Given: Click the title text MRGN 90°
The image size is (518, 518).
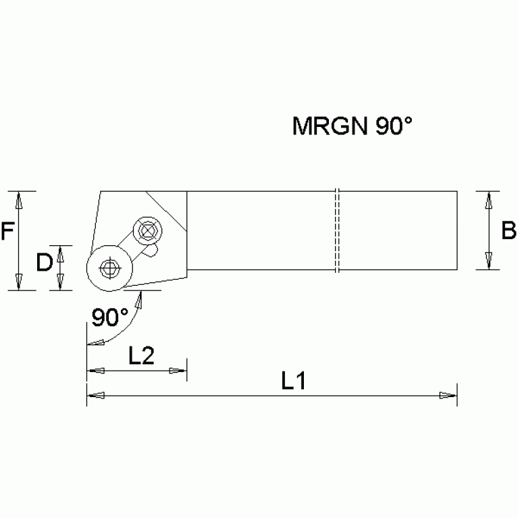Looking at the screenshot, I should click(351, 126).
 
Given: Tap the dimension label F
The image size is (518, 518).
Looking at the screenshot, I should click(7, 232).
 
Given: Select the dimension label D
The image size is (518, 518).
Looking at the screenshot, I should click(44, 263).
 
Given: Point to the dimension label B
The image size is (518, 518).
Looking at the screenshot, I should click(509, 231).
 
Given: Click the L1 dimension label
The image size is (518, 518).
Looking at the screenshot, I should click(294, 382).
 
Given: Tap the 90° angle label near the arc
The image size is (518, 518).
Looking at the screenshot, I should click(110, 317).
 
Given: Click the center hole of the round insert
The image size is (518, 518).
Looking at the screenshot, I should click(106, 268).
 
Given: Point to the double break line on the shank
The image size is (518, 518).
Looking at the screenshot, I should click(336, 231).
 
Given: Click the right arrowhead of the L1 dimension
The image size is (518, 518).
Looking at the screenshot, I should click(448, 395).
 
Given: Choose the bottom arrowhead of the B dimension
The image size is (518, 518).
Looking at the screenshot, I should click(488, 261).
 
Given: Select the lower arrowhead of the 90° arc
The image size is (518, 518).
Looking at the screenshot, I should click(96, 342).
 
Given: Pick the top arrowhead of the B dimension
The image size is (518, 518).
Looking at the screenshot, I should click(488, 201).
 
